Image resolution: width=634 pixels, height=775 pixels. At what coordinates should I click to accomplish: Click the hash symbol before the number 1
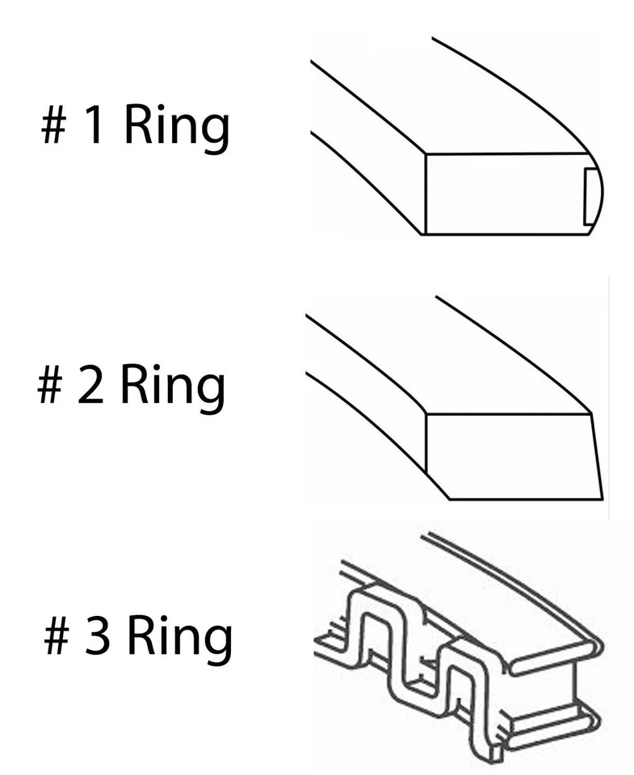coord(54,128)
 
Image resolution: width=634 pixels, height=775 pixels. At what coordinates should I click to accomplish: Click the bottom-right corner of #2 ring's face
coord(602,498)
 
